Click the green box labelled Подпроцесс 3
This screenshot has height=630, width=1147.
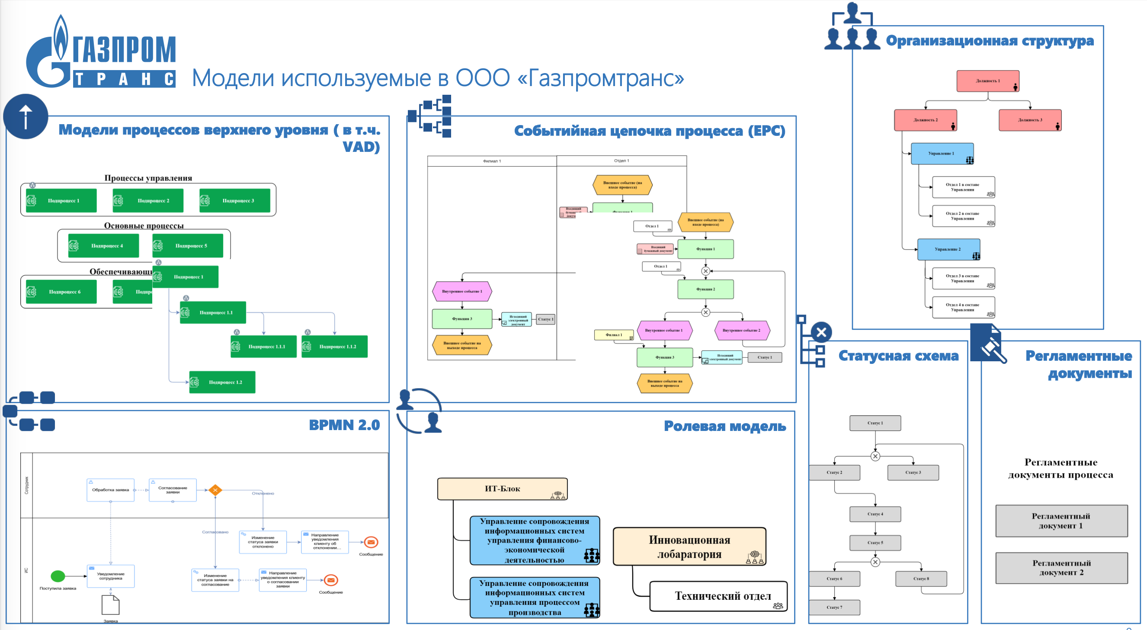[x=235, y=201]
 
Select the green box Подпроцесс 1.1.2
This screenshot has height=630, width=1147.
[x=334, y=347]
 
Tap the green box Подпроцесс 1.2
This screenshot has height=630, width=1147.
[x=222, y=382]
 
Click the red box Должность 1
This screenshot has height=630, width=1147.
[x=987, y=81]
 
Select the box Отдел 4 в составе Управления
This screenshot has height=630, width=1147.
[x=963, y=307]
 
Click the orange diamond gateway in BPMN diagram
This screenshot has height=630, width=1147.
[x=215, y=490]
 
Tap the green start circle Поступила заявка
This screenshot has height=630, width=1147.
[x=58, y=576]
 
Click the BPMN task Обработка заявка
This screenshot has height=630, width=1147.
[x=110, y=490]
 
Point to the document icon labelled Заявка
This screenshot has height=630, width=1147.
[x=110, y=605]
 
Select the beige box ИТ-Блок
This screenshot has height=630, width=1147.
[x=502, y=489]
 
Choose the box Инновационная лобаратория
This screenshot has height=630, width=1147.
[x=689, y=546]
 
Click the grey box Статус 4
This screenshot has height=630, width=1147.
[x=875, y=514]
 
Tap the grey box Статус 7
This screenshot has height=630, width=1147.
[x=834, y=607]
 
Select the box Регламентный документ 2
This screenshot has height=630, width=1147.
[x=1061, y=568]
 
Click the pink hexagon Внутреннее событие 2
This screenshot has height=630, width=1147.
[x=742, y=331]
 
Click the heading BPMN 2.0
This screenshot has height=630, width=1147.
[x=344, y=425]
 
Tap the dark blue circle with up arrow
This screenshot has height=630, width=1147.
[x=26, y=117]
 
